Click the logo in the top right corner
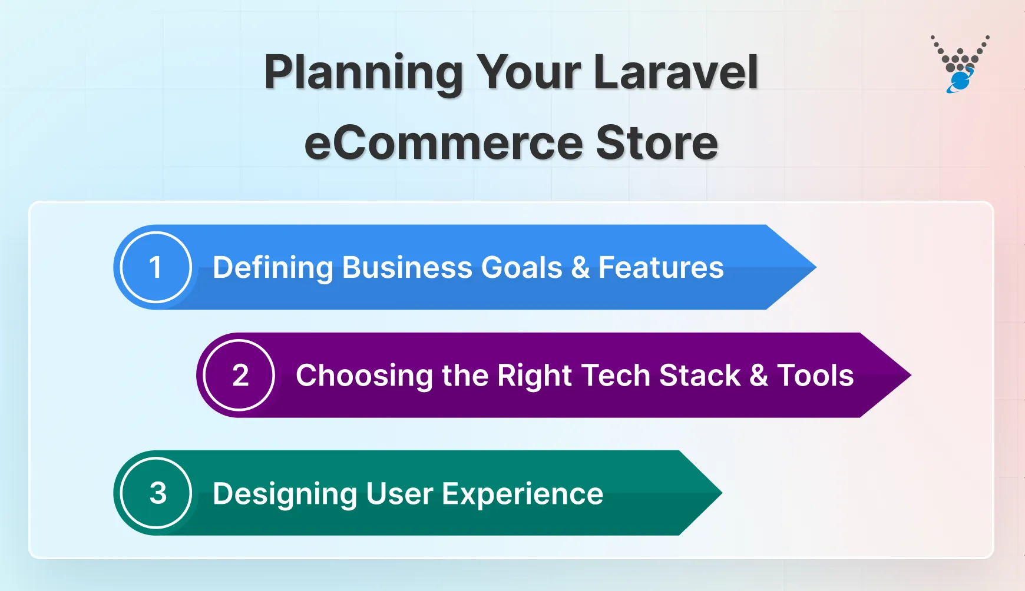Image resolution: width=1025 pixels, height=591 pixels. coord(960,64)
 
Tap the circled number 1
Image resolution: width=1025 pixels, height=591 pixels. coord(156,267)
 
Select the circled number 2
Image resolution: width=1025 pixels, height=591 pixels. coord(240,376)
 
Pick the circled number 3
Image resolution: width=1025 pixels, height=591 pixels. coord(157,493)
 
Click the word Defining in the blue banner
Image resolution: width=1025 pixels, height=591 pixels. coord(273,268)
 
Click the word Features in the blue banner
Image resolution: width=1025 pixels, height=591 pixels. coord(661,268)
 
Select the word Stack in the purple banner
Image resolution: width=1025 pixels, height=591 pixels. coord(699,376)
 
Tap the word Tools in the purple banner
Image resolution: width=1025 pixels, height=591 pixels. coord(815,376)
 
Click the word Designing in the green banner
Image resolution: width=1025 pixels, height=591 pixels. coord(285,494)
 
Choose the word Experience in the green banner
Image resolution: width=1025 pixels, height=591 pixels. coord(523,494)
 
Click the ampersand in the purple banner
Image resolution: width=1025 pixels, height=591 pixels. coord(759,376)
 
